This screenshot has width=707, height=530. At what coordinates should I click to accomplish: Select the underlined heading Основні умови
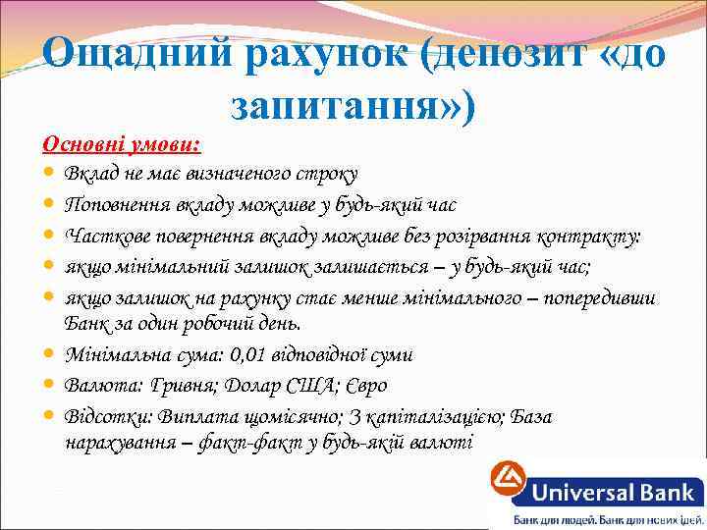tap(121, 145)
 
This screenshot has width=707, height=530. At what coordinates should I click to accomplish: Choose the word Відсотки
tap(106, 417)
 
